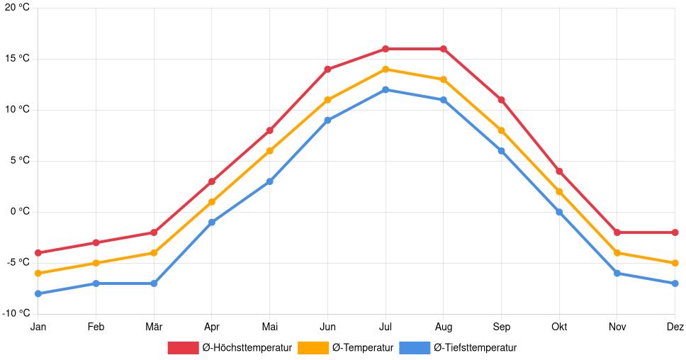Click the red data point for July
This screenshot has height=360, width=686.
(x=386, y=49)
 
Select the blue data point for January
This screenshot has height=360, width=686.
(x=38, y=293)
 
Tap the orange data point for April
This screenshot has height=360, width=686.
(x=212, y=202)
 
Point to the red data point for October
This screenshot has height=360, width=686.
(x=559, y=171)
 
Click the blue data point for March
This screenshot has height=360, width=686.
(x=154, y=283)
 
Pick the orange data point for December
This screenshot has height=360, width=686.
(x=675, y=263)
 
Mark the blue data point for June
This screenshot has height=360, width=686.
(x=327, y=120)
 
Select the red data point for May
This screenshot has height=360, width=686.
(x=270, y=130)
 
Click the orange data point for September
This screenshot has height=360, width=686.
(x=501, y=130)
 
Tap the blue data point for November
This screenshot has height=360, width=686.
(x=617, y=273)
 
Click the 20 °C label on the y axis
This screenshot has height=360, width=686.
(x=15, y=8)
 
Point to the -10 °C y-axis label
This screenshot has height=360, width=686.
(x=15, y=313)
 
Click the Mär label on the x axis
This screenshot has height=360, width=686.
(x=154, y=327)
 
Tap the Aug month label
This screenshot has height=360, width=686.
(x=443, y=327)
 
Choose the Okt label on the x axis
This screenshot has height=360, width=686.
(x=559, y=327)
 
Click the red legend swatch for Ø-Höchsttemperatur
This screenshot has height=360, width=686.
(x=183, y=347)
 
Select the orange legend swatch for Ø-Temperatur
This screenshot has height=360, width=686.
(x=313, y=347)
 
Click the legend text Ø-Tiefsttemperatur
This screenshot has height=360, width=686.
(x=475, y=347)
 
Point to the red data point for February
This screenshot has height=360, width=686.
(x=96, y=242)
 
